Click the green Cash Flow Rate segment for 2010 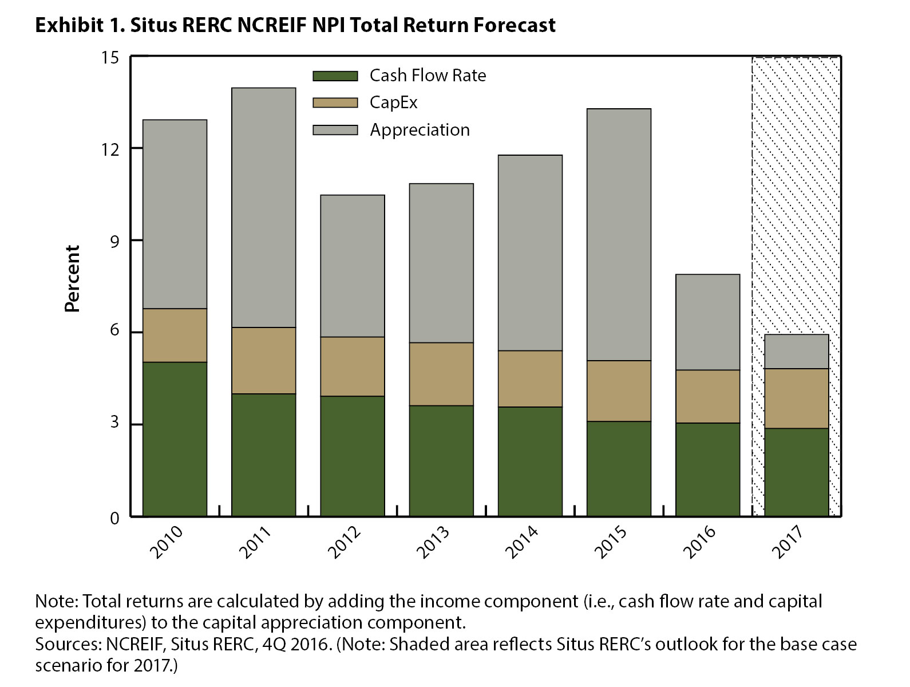[175, 439]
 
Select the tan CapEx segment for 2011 [263, 360]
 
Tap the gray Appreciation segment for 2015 [619, 235]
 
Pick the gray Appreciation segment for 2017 [796, 352]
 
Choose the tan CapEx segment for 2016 [707, 396]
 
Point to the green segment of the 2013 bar [441, 461]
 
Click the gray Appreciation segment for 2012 [353, 266]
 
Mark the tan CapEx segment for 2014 [530, 378]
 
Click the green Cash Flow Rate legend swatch [335, 76]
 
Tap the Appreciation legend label [420, 130]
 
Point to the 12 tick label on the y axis [110, 149]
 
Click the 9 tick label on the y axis [114, 241]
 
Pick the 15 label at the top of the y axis [110, 58]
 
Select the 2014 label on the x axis [521, 542]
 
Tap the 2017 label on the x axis [788, 542]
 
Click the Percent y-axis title [72, 278]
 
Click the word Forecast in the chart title [515, 25]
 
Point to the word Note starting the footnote [57, 601]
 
